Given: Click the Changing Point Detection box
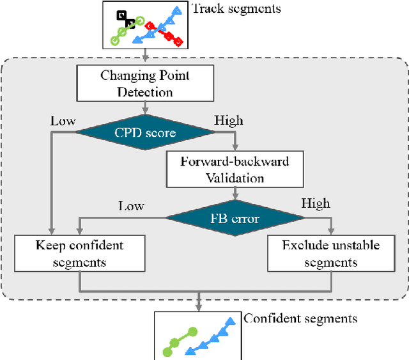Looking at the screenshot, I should [x=145, y=84].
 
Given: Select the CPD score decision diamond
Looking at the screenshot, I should [x=145, y=132].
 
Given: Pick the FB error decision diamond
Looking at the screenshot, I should [x=236, y=218].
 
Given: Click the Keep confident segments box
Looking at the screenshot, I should [x=79, y=253].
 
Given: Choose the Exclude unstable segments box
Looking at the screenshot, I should [x=331, y=253].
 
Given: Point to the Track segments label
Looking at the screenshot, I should [x=236, y=9].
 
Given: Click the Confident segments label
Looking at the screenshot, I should [x=300, y=318].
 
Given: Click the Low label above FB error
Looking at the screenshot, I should [x=131, y=205].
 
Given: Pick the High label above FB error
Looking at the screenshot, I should [x=316, y=204].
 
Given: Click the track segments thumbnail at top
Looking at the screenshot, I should [x=146, y=25].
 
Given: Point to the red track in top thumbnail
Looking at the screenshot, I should [x=164, y=34].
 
